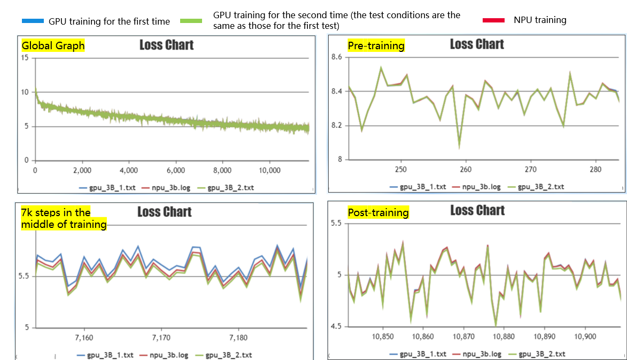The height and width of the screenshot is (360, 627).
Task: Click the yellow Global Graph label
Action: coord(53,46)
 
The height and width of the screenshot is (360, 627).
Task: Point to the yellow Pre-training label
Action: coord(376,46)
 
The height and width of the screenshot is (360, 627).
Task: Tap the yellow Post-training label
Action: coord(378,213)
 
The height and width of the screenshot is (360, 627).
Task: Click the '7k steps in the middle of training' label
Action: coord(63,219)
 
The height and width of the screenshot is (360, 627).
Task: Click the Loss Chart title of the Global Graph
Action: coord(166,45)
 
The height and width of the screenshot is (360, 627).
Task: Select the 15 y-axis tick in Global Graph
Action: coord(25,58)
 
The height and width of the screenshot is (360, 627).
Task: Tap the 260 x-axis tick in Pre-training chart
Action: coord(466,170)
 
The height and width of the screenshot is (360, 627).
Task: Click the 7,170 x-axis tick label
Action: coord(161,338)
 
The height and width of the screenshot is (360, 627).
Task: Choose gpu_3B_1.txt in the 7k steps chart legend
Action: coord(110,355)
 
